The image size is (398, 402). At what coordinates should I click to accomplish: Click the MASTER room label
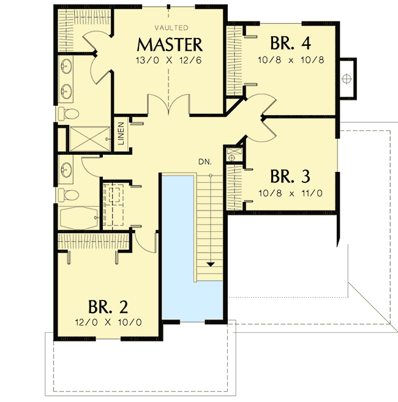170,45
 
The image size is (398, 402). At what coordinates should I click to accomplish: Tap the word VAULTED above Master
171,28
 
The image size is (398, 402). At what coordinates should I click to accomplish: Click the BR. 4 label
290,44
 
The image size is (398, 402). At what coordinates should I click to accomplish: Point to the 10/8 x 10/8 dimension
290,60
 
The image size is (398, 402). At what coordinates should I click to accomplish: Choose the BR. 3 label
290,177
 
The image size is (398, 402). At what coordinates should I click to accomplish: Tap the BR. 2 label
108,306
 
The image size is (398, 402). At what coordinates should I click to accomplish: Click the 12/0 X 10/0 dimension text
108,322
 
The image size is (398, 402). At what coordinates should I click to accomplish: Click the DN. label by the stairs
205,162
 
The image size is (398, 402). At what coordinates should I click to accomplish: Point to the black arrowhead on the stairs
211,264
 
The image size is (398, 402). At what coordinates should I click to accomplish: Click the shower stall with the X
86,138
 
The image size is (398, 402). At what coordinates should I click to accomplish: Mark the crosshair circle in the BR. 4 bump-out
346,78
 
